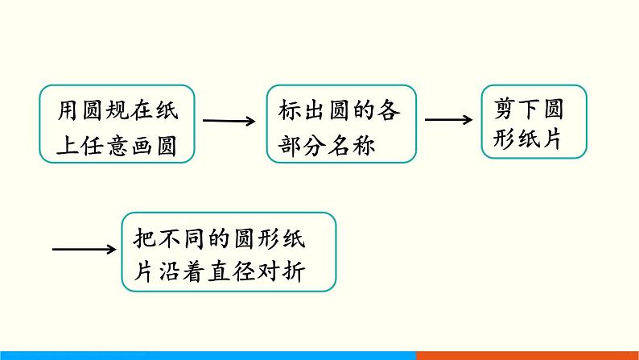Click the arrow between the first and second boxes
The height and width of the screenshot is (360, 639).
(229, 122)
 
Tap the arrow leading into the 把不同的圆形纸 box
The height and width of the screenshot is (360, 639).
(85, 249)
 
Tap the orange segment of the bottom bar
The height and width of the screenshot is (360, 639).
(527, 355)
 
